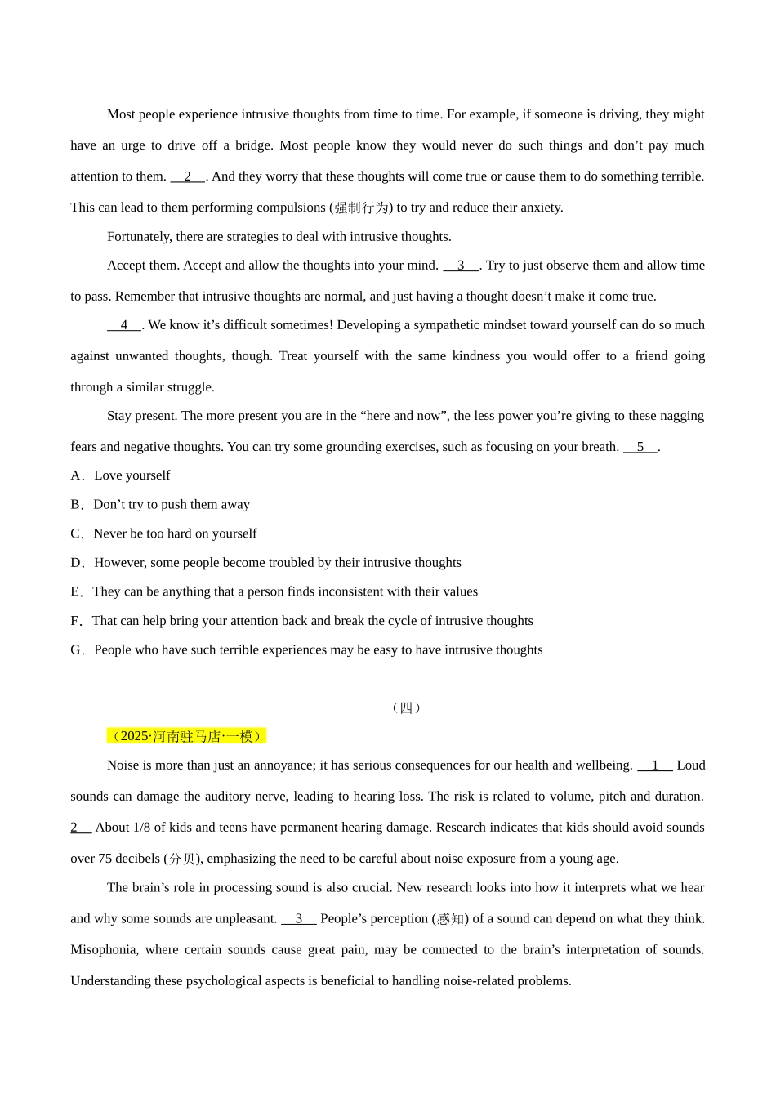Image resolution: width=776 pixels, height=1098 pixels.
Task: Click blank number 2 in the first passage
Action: click(x=188, y=176)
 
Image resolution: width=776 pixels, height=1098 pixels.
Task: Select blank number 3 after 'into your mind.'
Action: click(x=461, y=266)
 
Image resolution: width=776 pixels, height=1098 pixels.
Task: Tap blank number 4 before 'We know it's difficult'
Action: click(x=124, y=325)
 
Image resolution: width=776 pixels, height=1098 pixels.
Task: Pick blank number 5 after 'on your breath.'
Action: click(x=640, y=447)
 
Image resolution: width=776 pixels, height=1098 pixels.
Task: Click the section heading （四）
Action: click(x=406, y=707)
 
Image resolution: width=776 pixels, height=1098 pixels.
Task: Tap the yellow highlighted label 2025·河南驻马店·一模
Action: click(x=187, y=736)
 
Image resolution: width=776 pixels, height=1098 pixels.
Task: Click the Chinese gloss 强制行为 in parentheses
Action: click(x=361, y=208)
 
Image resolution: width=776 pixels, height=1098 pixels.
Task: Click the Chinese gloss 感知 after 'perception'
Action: click(x=450, y=919)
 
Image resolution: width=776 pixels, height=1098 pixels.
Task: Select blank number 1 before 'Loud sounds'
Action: click(x=655, y=765)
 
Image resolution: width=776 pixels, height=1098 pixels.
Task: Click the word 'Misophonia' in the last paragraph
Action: click(x=103, y=950)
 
